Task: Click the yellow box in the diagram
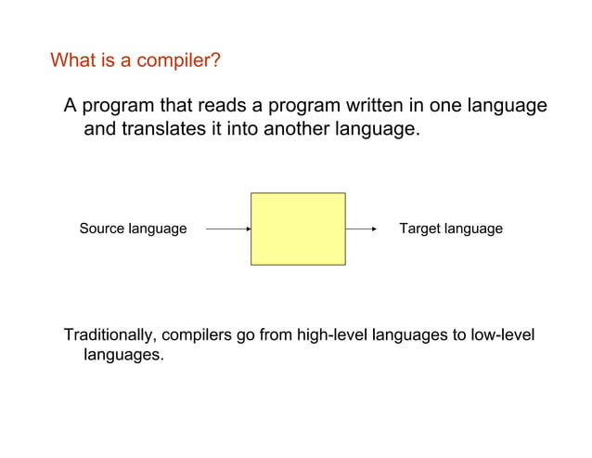[298, 229]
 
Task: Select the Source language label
[133, 229]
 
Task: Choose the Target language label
[450, 229]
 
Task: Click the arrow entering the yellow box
[227, 229]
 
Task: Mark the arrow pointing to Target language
[361, 229]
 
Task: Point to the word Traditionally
[110, 335]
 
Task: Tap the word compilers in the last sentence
[198, 335]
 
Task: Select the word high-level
[330, 335]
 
